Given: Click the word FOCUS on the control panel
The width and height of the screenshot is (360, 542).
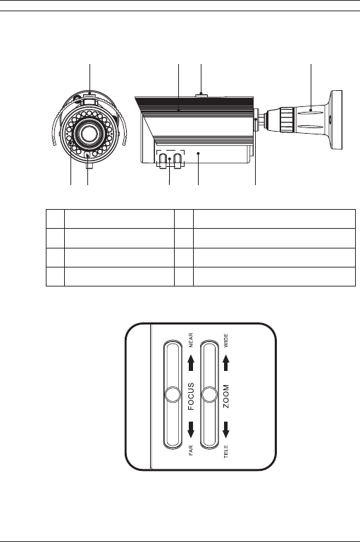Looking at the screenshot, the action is pyautogui.click(x=191, y=396).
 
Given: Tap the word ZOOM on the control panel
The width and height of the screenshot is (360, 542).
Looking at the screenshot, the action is pyautogui.click(x=226, y=396).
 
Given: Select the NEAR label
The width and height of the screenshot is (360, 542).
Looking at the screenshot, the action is pyautogui.click(x=190, y=340).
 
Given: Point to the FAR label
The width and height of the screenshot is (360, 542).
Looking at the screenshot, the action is pyautogui.click(x=190, y=450).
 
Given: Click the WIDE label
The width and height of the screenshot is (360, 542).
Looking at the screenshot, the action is pyautogui.click(x=226, y=340).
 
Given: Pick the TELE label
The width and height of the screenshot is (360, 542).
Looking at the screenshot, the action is pyautogui.click(x=226, y=452).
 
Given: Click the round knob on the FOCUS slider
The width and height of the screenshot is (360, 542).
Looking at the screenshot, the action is pyautogui.click(x=173, y=395).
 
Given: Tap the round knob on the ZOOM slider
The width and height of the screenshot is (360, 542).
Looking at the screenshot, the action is pyautogui.click(x=209, y=395).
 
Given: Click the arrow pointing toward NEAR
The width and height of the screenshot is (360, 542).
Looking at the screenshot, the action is pyautogui.click(x=191, y=363).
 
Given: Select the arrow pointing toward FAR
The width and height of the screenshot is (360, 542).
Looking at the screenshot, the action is pyautogui.click(x=191, y=429).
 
